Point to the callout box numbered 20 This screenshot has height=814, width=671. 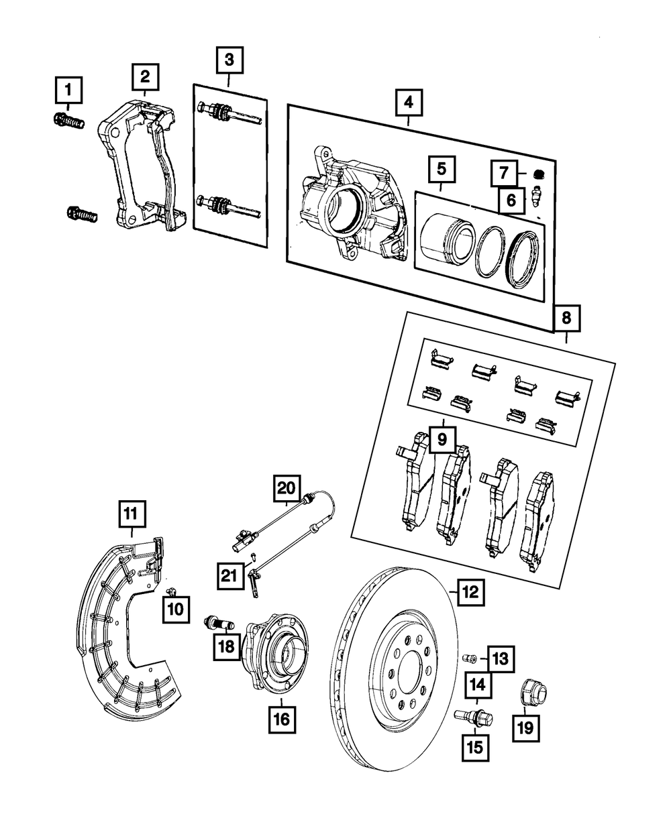(287, 487)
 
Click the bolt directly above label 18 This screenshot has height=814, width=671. (219, 620)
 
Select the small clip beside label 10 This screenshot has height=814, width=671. (170, 590)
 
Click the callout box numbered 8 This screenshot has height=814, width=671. (566, 319)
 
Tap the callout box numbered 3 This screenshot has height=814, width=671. (229, 61)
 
